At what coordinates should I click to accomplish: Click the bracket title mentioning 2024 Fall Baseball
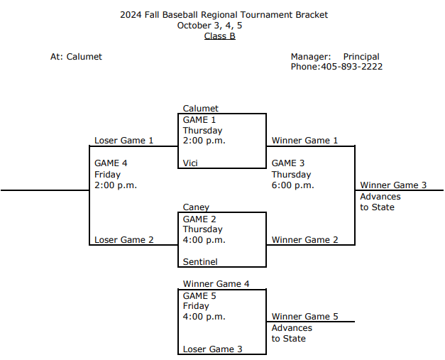tap(224, 14)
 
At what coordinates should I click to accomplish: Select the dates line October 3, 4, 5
tap(220, 26)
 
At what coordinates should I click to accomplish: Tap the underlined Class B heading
tap(220, 36)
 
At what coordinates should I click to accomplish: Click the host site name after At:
tap(84, 57)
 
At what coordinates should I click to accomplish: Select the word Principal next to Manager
tap(361, 57)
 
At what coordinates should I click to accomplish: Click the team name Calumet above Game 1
tap(201, 109)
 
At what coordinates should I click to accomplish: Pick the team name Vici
tap(190, 163)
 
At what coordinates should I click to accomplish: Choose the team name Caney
tap(196, 207)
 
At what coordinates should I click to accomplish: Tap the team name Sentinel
tap(200, 262)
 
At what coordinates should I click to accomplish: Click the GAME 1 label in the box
tap(199, 120)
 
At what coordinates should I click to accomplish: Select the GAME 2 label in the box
tap(199, 219)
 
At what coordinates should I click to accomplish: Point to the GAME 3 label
tap(288, 163)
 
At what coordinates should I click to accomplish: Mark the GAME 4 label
tap(111, 163)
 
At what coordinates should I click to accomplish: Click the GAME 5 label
tap(199, 295)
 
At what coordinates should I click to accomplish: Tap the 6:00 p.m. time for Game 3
tap(292, 185)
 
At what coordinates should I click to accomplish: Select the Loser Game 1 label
tap(124, 141)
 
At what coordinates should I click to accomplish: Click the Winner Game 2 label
tap(305, 240)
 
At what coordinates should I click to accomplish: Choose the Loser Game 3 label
tap(213, 349)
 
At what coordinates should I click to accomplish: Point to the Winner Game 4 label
tap(216, 284)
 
